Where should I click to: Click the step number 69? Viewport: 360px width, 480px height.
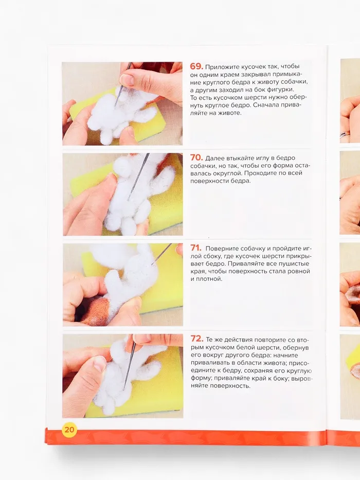pos(196,66)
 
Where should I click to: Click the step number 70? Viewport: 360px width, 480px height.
pos(196,157)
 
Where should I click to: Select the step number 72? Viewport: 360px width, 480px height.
pos(197,339)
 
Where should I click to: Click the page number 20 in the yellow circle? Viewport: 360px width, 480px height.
pos(69,430)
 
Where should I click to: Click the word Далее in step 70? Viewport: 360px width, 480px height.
pos(214,158)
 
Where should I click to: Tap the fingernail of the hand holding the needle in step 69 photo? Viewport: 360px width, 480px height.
pos(126,80)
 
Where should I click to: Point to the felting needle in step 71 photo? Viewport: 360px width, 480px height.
pos(162,254)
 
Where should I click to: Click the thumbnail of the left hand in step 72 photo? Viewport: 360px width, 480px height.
pos(100,364)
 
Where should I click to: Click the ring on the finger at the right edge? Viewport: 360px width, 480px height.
pos(345,134)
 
